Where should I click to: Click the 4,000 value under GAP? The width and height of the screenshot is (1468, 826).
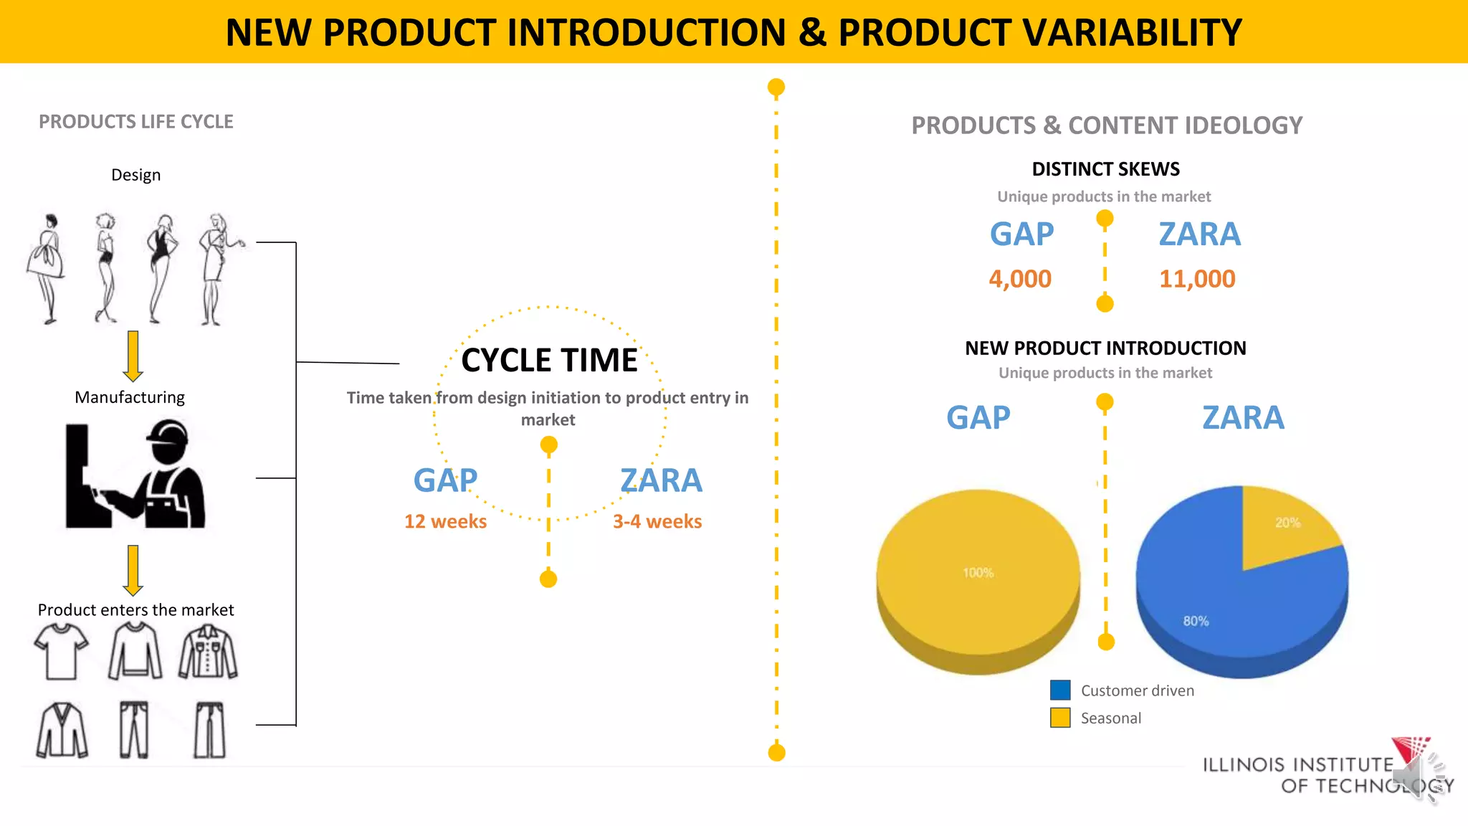(1020, 279)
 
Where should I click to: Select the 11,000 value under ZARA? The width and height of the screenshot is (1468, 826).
(1197, 279)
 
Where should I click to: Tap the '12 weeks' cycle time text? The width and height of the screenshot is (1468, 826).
(445, 521)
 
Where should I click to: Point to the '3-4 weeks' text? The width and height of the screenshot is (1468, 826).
(657, 521)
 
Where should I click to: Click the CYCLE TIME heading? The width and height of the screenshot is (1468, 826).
(549, 360)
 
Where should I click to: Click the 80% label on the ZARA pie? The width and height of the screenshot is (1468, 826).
(1196, 621)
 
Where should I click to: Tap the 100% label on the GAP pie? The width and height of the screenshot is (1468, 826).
(978, 573)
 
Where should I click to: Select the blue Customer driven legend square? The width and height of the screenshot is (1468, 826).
(1060, 690)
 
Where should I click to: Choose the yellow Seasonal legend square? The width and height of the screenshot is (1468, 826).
(1060, 718)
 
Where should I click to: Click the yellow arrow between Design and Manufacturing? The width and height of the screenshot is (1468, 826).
(133, 356)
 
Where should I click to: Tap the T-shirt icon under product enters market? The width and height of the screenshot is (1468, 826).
(62, 651)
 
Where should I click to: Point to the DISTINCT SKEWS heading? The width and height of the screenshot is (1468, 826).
(1105, 169)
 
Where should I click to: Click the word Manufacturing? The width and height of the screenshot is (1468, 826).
(130, 397)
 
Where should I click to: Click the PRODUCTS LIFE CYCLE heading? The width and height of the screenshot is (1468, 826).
(136, 122)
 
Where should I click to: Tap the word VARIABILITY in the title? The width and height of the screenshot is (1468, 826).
(1039, 33)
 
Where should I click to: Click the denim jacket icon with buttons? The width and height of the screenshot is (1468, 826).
(208, 652)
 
